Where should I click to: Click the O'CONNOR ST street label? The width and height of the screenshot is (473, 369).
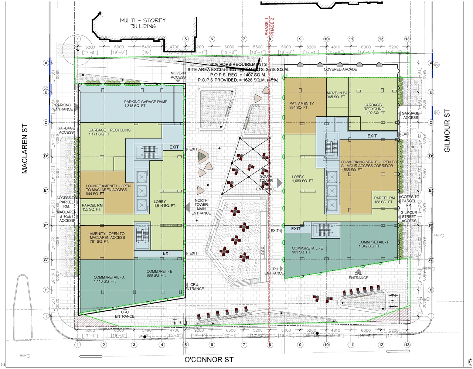point(209,359)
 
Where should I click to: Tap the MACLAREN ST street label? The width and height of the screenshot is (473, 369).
point(25,149)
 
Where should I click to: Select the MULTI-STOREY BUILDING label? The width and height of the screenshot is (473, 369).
point(143,23)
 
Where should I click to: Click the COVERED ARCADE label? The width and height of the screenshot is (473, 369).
point(340,69)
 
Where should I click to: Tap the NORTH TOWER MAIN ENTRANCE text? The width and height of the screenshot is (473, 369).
point(201,207)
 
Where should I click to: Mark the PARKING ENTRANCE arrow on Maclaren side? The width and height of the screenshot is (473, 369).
point(76,107)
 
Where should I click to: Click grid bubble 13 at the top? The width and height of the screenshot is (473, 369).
point(407,39)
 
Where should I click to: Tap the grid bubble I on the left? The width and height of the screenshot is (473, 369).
point(46,316)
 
